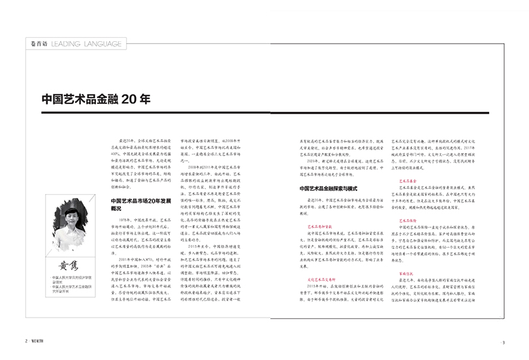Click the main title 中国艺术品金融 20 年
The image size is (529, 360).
96,99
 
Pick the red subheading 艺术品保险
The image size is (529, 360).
408,220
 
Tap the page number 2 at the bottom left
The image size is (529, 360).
27,342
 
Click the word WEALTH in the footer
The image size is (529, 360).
40,342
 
